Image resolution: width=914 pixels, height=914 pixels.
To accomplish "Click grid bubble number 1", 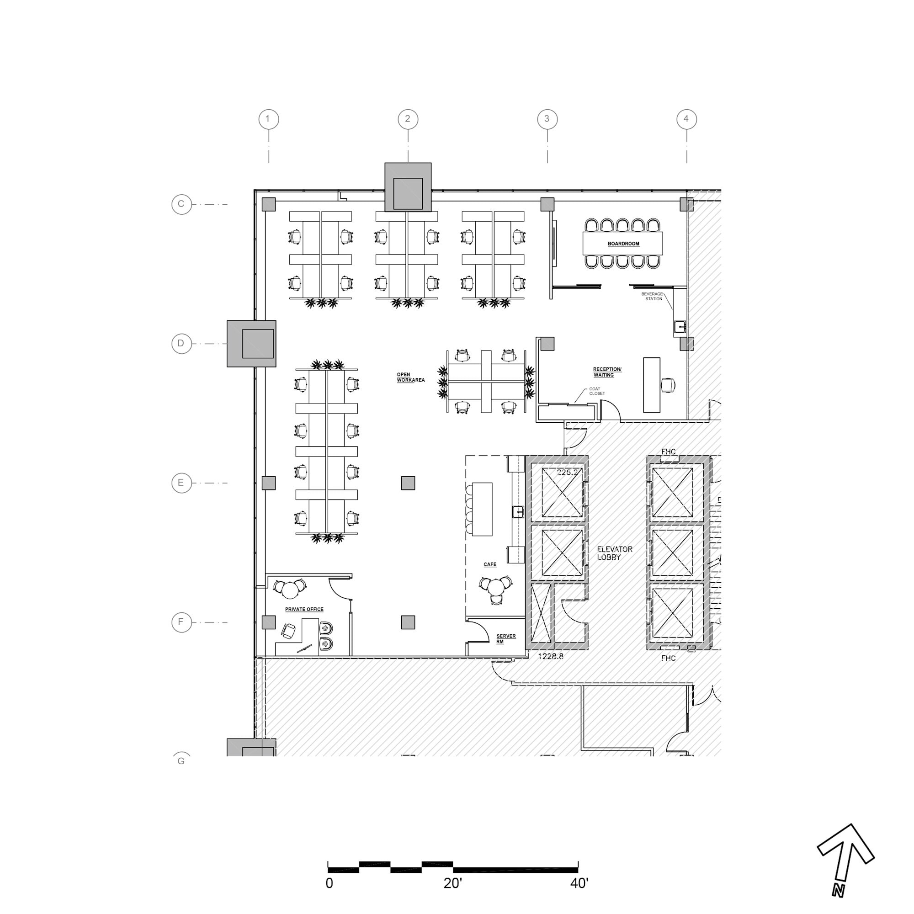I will [x=268, y=119].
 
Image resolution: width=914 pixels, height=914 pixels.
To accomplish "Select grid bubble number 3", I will [x=547, y=119].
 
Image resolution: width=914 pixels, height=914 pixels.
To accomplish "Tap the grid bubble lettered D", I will [x=181, y=344].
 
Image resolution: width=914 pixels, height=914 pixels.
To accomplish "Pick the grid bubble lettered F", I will [x=181, y=622].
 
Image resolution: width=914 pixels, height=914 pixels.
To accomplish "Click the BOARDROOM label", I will [x=623, y=244].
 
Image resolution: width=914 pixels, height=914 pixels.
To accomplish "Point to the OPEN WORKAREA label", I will [x=410, y=377].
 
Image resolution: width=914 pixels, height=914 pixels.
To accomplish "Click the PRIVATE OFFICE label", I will [x=304, y=609].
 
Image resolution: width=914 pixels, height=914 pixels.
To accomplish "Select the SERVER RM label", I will [x=505, y=639].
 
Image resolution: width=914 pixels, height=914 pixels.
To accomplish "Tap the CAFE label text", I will [x=489, y=564].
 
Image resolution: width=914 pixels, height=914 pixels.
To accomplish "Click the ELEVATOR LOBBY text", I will [x=614, y=553].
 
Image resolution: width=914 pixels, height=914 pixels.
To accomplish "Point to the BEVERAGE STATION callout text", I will [x=653, y=296].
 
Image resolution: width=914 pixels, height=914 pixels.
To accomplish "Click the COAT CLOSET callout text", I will [x=596, y=391].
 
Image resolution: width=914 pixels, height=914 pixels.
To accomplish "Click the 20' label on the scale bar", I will [x=452, y=883].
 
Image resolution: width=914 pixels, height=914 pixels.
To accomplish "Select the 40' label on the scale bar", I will [x=579, y=883].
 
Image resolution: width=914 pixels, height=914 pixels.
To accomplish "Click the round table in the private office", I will [x=290, y=590].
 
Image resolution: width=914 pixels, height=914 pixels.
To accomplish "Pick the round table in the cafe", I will [x=495, y=588].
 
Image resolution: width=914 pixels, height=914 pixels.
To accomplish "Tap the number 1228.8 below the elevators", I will [x=551, y=656].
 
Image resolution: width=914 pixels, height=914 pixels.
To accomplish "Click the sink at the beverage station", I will [x=680, y=326].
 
